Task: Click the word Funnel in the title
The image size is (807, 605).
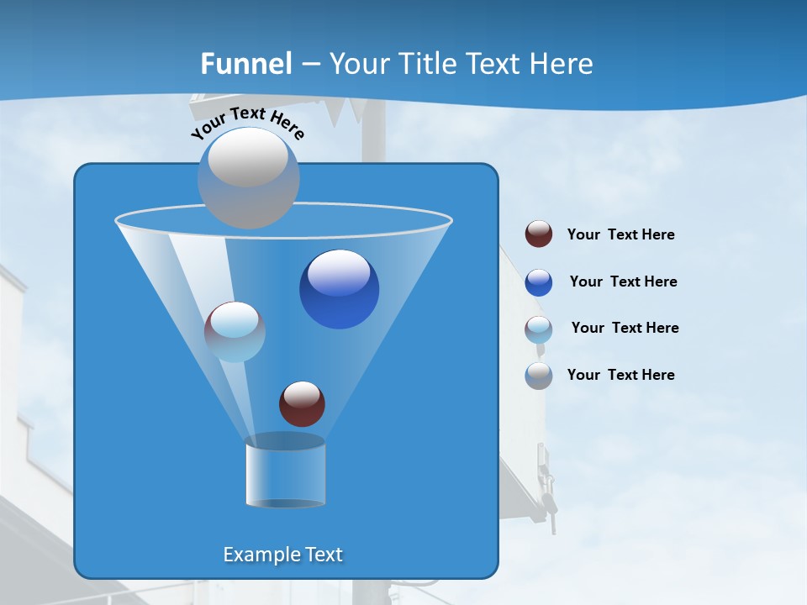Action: point(246,64)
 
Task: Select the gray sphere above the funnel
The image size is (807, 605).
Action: point(249,177)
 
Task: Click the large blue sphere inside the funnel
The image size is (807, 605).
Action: point(340,289)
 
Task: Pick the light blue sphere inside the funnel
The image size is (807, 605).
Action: point(235,332)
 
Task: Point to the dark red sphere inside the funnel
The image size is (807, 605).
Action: point(302,403)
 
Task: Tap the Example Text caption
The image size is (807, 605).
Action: point(282,555)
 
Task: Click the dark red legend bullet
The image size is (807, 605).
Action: point(539,234)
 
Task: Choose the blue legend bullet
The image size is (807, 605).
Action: point(539,282)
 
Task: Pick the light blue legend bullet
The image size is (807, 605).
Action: point(539,329)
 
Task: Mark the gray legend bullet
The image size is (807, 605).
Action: point(539,376)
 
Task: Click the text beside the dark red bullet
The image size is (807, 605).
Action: point(620,234)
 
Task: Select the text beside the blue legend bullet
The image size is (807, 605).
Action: point(623,281)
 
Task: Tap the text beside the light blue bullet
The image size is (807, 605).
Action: point(625,328)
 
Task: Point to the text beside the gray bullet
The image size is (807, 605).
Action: point(620,375)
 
